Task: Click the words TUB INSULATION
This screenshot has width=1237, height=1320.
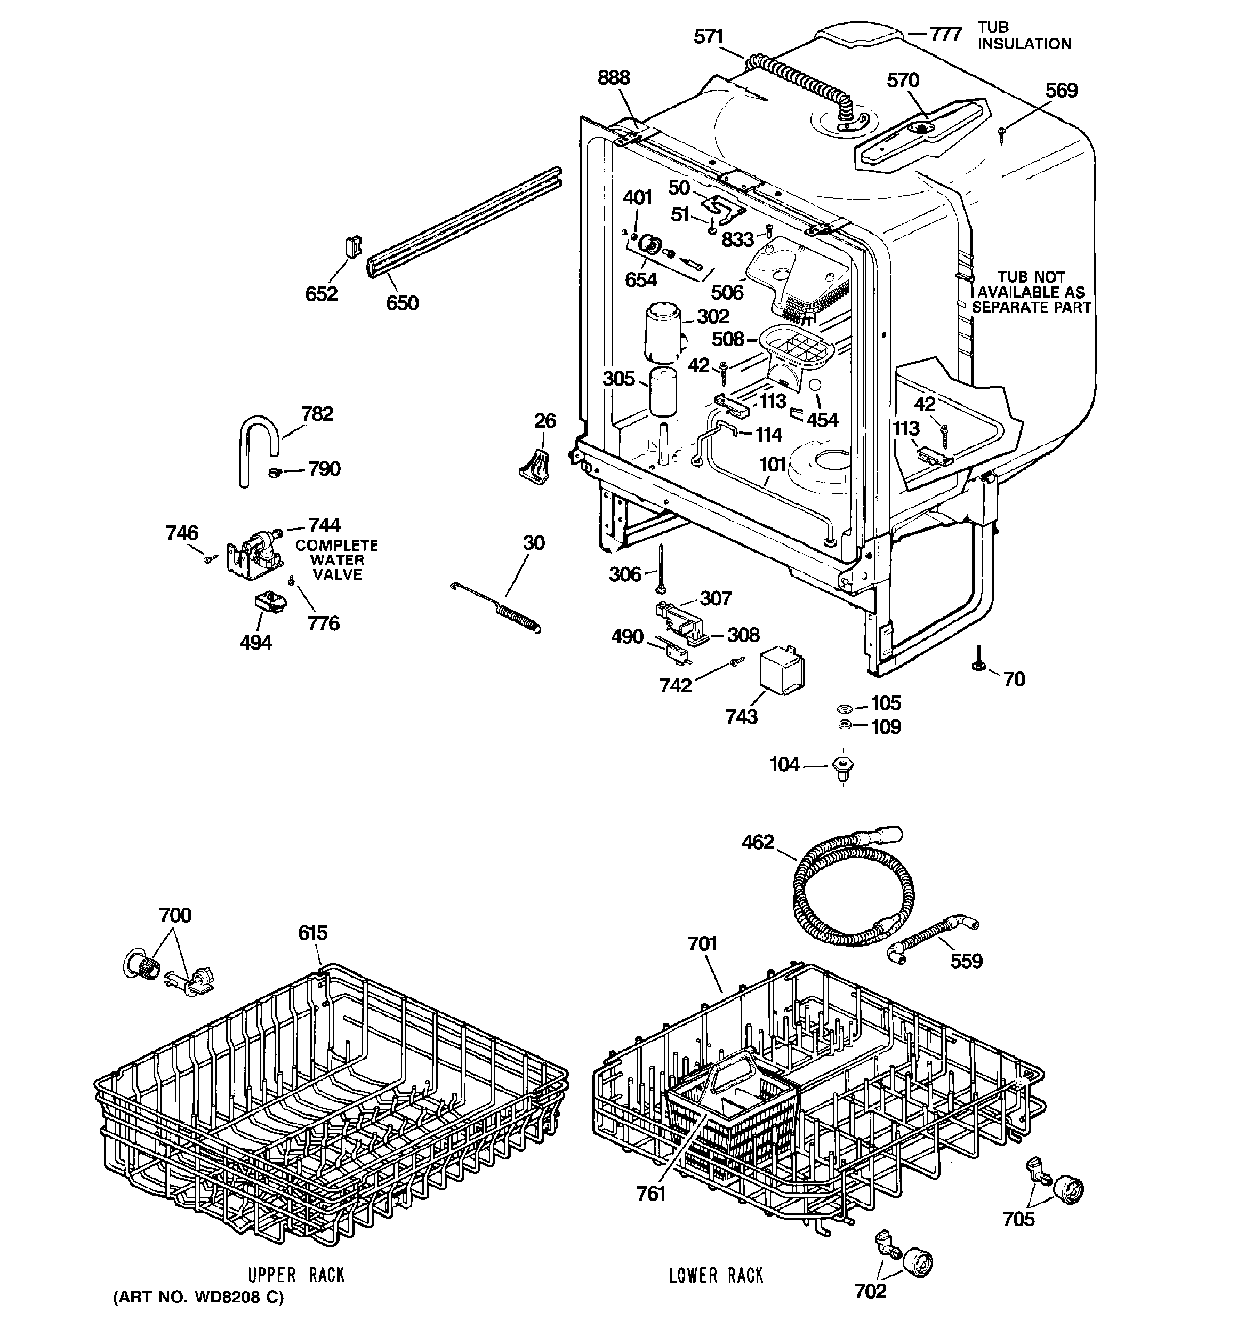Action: point(1024,36)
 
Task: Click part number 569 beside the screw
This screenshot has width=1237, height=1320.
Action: point(1061,91)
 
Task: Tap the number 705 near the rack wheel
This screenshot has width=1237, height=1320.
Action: point(1018,1219)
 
